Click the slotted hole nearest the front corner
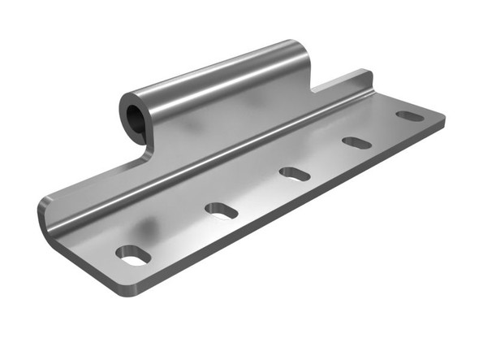pos(133,255)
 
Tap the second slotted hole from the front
pos(221,210)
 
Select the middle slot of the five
pos(294,173)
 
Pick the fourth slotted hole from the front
pos(356,143)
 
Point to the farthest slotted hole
pos(410,116)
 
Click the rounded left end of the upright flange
pos(47,215)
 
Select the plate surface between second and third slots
pos(257,192)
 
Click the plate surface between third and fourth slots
pos(325,158)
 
